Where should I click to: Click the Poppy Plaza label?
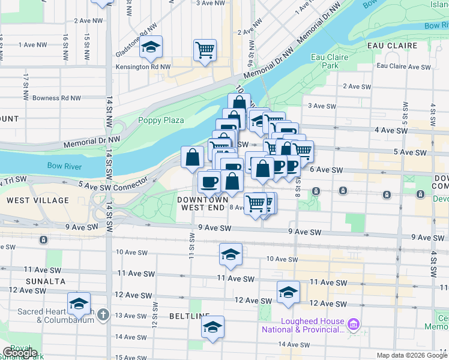[x=161, y=120]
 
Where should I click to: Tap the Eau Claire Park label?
[x=330, y=61]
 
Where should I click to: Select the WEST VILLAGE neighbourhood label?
[x=28, y=198]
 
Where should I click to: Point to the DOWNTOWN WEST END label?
[x=202, y=203]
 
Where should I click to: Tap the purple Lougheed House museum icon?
[x=353, y=325]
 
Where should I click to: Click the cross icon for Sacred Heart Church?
[x=103, y=314]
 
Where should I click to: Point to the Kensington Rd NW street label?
[x=143, y=67]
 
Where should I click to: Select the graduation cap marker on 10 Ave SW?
[x=231, y=255]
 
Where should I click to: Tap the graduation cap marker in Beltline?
[x=212, y=327]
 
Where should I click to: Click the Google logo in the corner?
[x=20, y=353]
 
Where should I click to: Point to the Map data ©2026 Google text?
[x=412, y=355]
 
